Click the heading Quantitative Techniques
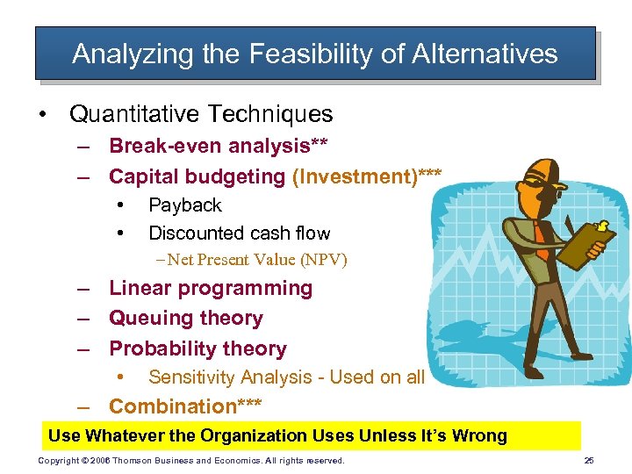(201, 114)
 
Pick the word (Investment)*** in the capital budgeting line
(367, 176)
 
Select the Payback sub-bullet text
(184, 205)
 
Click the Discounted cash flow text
(239, 233)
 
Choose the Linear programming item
(210, 289)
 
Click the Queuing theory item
(185, 319)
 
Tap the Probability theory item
(197, 348)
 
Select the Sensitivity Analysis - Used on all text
(286, 377)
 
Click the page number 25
(588, 461)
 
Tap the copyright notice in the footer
(191, 461)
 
